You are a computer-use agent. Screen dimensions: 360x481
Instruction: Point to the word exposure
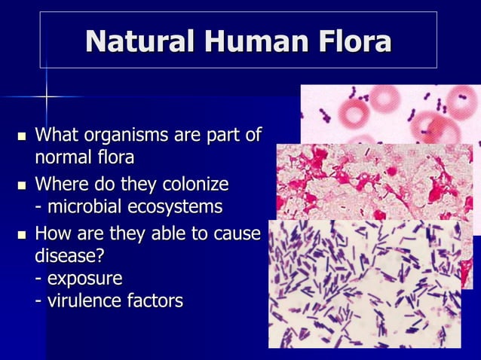click(x=84, y=279)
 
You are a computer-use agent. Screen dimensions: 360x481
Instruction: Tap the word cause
click(x=236, y=232)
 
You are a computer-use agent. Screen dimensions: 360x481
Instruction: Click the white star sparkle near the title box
click(x=46, y=96)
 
